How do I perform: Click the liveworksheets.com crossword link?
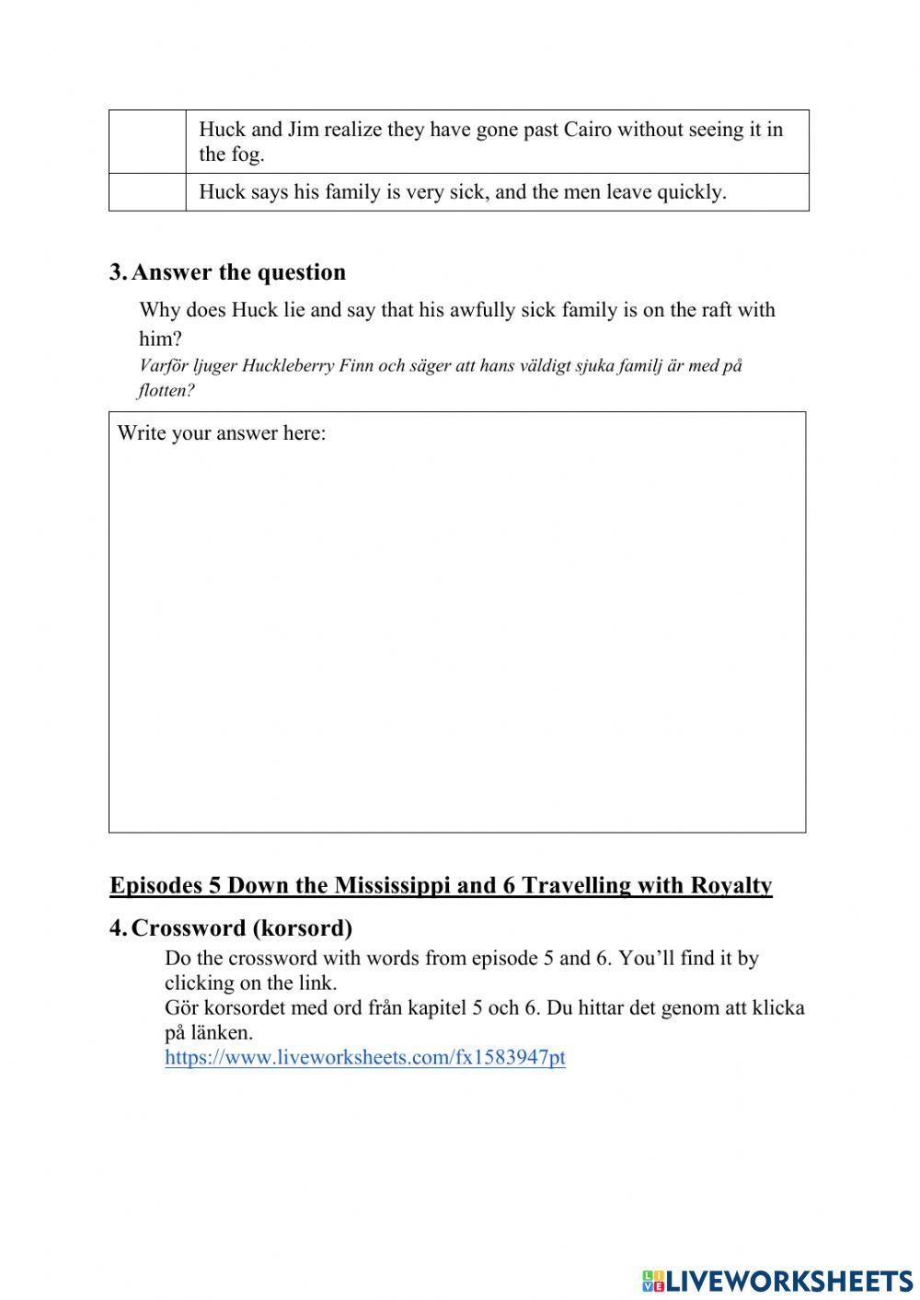pyautogui.click(x=365, y=1057)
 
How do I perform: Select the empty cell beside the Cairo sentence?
pyautogui.click(x=147, y=142)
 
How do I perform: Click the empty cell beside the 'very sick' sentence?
pyautogui.click(x=147, y=192)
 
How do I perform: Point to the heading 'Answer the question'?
pyautogui.click(x=239, y=272)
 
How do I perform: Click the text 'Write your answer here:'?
pyautogui.click(x=222, y=433)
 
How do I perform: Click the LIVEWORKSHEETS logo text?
pyautogui.click(x=789, y=1280)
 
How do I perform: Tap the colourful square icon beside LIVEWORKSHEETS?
pyautogui.click(x=653, y=1280)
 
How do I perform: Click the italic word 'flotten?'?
pyautogui.click(x=167, y=390)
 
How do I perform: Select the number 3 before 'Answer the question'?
pyautogui.click(x=117, y=272)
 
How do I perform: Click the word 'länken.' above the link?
pyautogui.click(x=222, y=1032)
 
